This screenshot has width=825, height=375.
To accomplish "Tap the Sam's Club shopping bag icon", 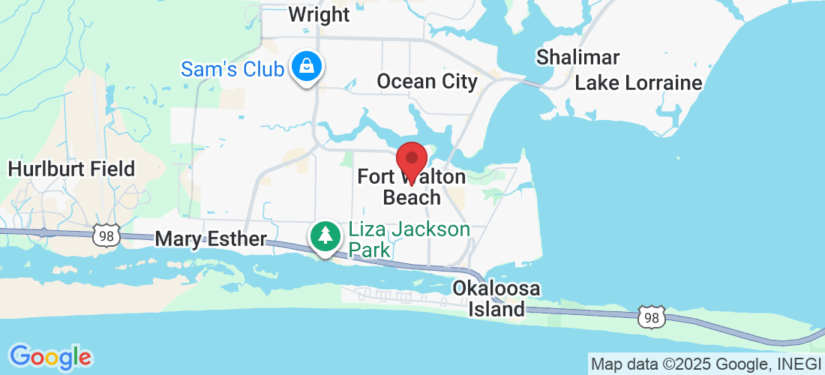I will click(307, 67).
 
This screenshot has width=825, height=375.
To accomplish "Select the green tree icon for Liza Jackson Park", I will click(325, 235).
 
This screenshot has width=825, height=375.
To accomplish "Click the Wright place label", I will click(319, 14).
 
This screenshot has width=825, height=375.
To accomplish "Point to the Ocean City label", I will click(427, 81).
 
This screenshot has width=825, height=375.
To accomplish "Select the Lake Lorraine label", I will click(638, 82).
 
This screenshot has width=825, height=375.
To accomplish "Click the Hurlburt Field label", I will click(71, 169).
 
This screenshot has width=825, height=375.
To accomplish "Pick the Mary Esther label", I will click(211, 240).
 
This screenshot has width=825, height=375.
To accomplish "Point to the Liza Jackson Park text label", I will click(408, 238).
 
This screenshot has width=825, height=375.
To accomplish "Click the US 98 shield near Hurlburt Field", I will click(106, 235).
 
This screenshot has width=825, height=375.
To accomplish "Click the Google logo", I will click(50, 357).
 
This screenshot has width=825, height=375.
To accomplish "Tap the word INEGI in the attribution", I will click(797, 364).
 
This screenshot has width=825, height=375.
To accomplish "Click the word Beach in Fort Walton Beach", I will click(412, 197).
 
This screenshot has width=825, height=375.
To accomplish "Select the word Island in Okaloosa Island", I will click(496, 308).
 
